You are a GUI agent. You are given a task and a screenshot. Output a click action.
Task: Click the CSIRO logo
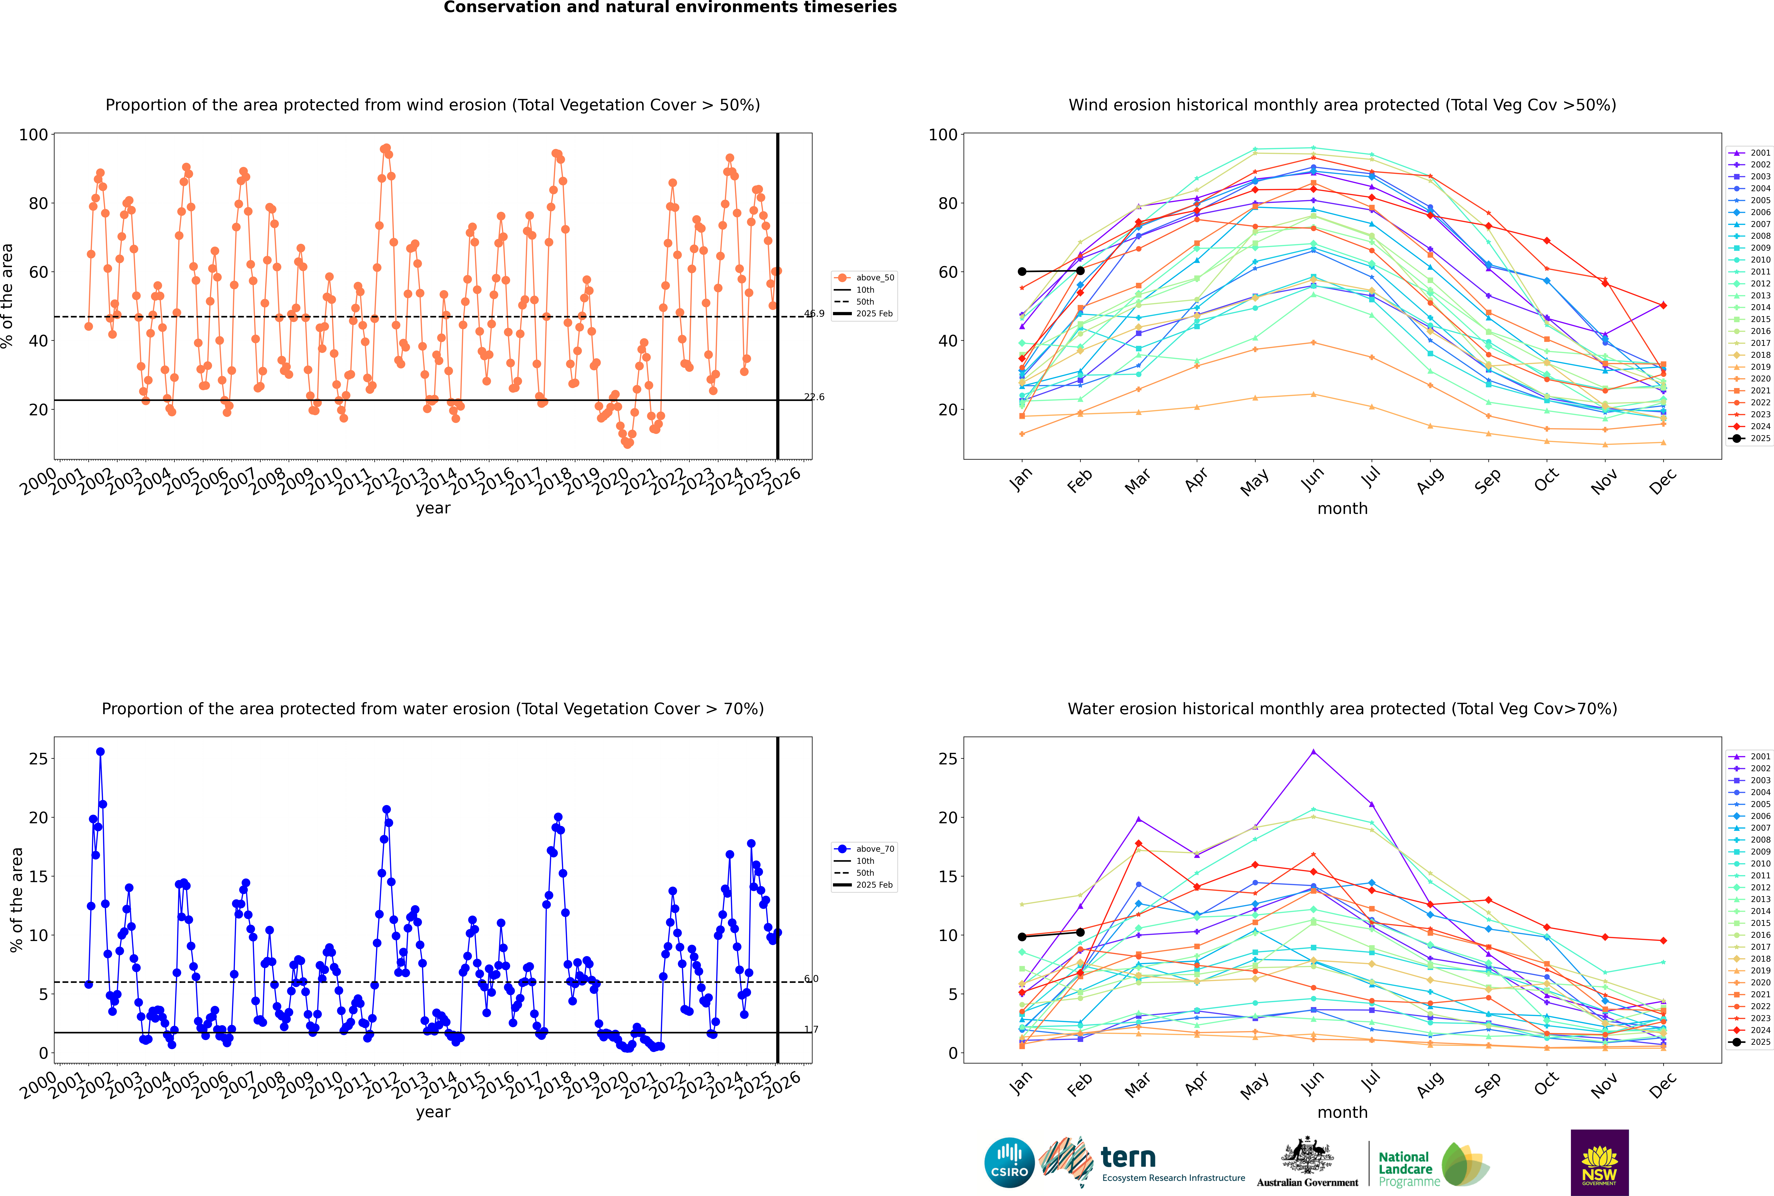(x=1009, y=1162)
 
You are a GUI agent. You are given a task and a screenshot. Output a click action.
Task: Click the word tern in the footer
(x=1128, y=1158)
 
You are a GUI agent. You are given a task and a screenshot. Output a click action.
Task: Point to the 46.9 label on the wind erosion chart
(x=814, y=313)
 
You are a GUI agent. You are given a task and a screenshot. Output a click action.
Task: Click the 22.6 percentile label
(x=814, y=397)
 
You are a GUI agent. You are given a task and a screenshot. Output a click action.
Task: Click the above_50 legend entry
(x=864, y=278)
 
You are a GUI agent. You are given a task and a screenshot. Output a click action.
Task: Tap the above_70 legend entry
(x=864, y=849)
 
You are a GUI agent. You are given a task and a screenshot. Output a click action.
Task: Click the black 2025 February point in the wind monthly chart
(x=1080, y=271)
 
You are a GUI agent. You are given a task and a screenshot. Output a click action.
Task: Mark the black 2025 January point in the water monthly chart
(x=1022, y=937)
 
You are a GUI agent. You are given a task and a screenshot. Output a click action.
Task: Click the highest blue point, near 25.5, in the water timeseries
(x=100, y=752)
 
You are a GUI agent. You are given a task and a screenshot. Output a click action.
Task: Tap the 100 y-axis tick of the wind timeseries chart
(x=34, y=135)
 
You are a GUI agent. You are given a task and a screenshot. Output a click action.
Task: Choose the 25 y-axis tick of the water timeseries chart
(x=39, y=759)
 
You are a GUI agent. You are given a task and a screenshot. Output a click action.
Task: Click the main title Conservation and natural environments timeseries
(x=670, y=8)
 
